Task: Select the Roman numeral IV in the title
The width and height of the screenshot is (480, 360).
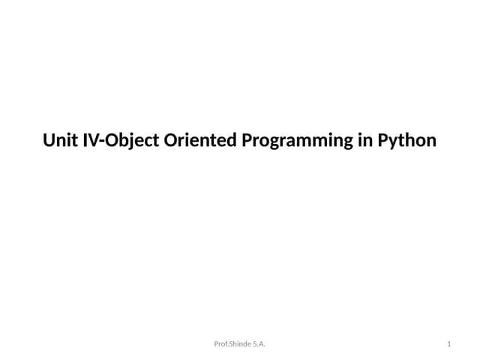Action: (x=90, y=140)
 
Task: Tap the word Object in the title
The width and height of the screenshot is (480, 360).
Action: (x=128, y=140)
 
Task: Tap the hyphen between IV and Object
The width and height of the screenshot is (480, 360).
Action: (x=102, y=142)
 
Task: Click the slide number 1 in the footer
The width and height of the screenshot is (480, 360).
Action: (x=448, y=344)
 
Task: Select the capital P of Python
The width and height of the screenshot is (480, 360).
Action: (x=382, y=140)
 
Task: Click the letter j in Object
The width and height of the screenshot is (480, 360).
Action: (x=128, y=142)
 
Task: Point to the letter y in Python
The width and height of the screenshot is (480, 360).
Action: (x=393, y=142)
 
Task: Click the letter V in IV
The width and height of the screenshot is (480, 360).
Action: (x=94, y=140)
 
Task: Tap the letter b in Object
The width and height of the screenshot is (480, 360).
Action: (x=121, y=140)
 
